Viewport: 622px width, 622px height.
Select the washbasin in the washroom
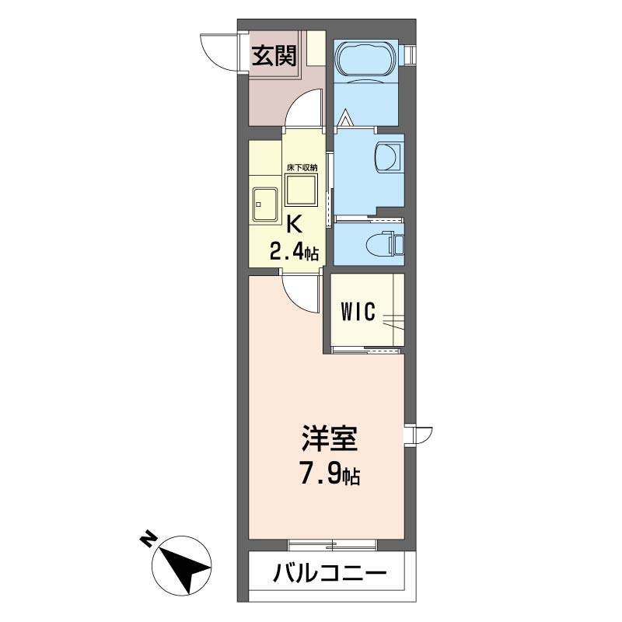(x=386, y=156)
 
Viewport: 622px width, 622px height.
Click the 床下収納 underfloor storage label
(x=301, y=167)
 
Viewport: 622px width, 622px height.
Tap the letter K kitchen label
(x=294, y=224)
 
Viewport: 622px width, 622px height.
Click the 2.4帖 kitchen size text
(x=294, y=252)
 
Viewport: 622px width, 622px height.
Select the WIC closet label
(x=358, y=313)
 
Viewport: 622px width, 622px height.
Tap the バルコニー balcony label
(x=330, y=576)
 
